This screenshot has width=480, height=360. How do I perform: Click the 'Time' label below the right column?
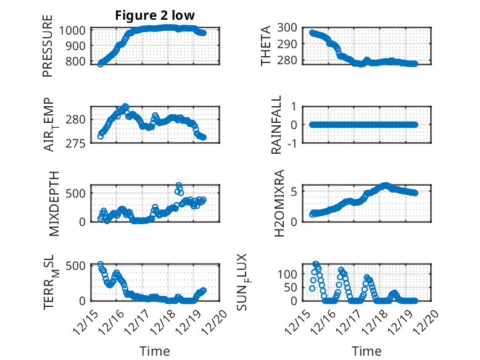click(366, 351)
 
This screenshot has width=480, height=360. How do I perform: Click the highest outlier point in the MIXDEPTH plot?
click(179, 185)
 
